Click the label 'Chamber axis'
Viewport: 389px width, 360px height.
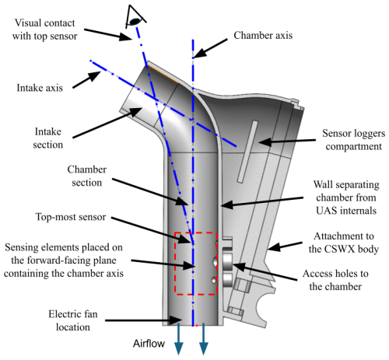coord(263,36)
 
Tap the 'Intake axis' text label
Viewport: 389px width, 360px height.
coord(40,88)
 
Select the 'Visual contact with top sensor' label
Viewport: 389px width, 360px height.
coord(44,30)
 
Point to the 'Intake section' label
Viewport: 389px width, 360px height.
coord(48,138)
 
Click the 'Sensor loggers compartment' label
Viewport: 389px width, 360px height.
coord(354,140)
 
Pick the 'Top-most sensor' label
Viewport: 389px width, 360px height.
coord(71,217)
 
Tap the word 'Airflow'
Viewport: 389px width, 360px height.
coord(149,344)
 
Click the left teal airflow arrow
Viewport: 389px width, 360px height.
coord(179,339)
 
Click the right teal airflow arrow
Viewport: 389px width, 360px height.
coord(204,339)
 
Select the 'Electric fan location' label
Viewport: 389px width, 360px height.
coord(73,320)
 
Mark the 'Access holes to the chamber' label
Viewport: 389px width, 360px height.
coord(335,280)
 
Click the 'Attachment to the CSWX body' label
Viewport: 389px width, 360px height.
coord(344,243)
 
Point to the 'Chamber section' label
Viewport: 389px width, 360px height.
coord(87,176)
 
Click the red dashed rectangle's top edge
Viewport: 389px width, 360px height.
coord(196,232)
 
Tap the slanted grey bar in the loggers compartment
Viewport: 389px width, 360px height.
coord(247,152)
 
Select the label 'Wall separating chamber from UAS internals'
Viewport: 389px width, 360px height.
coord(346,197)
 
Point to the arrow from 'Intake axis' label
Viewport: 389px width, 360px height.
coord(86,80)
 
